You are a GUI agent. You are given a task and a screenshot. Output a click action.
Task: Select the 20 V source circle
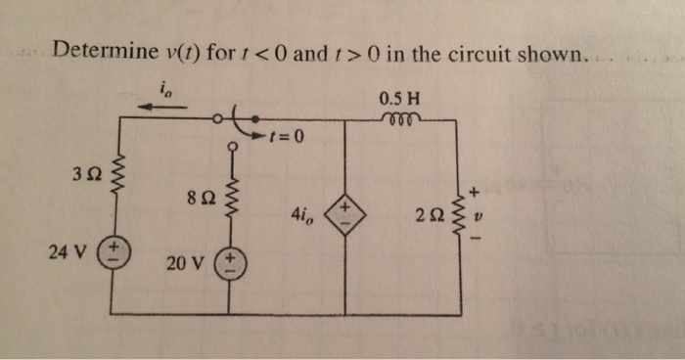[232, 263]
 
